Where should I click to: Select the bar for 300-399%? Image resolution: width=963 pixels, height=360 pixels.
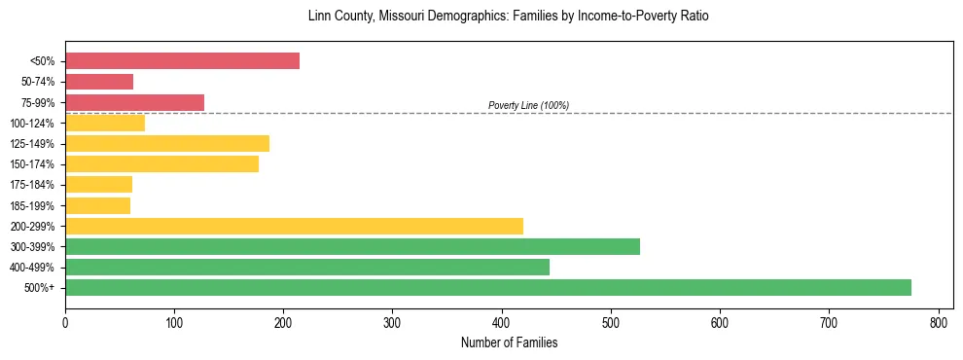(352, 246)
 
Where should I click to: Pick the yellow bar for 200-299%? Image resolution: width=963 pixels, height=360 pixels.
(294, 226)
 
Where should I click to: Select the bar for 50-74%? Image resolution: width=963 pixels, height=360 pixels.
(99, 82)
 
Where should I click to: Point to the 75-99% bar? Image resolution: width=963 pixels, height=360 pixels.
(134, 102)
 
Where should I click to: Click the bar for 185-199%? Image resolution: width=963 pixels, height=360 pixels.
(97, 205)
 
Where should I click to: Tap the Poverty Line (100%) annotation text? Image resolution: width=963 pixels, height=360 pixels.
(528, 105)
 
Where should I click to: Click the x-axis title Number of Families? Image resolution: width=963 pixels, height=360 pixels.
(509, 342)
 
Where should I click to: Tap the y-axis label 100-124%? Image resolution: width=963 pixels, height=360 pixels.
(32, 123)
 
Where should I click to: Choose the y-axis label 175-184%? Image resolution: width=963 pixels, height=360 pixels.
(32, 185)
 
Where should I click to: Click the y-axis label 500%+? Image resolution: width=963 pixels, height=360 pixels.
(38, 288)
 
